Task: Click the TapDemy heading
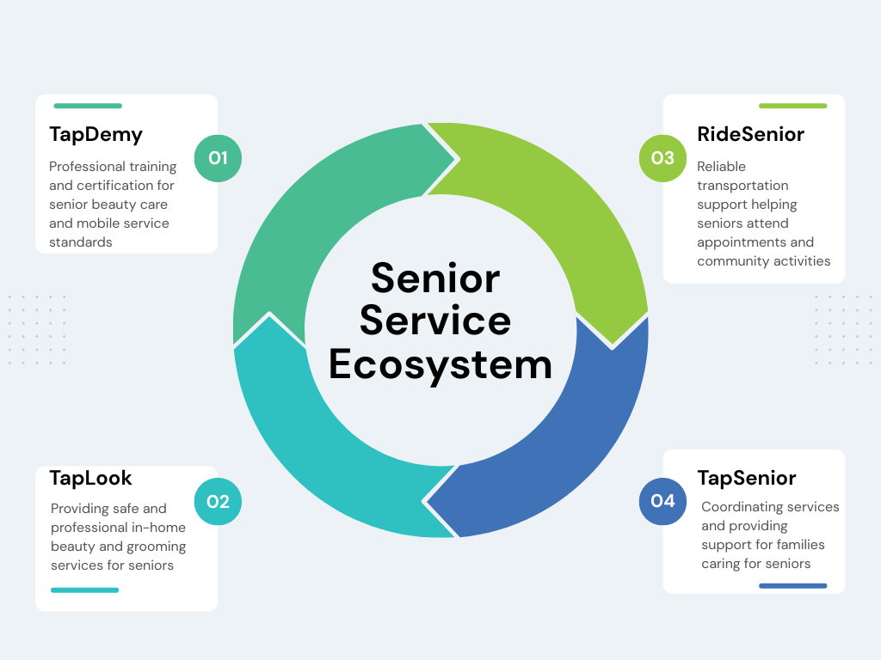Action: pyautogui.click(x=96, y=135)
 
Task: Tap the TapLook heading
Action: pyautogui.click(x=90, y=478)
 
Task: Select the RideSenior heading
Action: pyautogui.click(x=750, y=134)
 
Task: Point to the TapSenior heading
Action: pyautogui.click(x=747, y=478)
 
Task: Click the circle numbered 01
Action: pyautogui.click(x=218, y=158)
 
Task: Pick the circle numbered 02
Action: pyautogui.click(x=218, y=501)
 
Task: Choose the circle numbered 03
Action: pyautogui.click(x=663, y=158)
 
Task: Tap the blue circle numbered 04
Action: pyautogui.click(x=663, y=501)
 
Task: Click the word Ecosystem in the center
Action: pyautogui.click(x=440, y=364)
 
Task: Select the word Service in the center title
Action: pyautogui.click(x=435, y=321)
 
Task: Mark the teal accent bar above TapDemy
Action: pyautogui.click(x=88, y=106)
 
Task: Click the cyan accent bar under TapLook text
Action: pyautogui.click(x=85, y=590)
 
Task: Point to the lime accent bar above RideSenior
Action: pyautogui.click(x=792, y=106)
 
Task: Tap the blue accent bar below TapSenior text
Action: pyautogui.click(x=792, y=586)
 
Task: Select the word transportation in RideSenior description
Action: pyautogui.click(x=742, y=186)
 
